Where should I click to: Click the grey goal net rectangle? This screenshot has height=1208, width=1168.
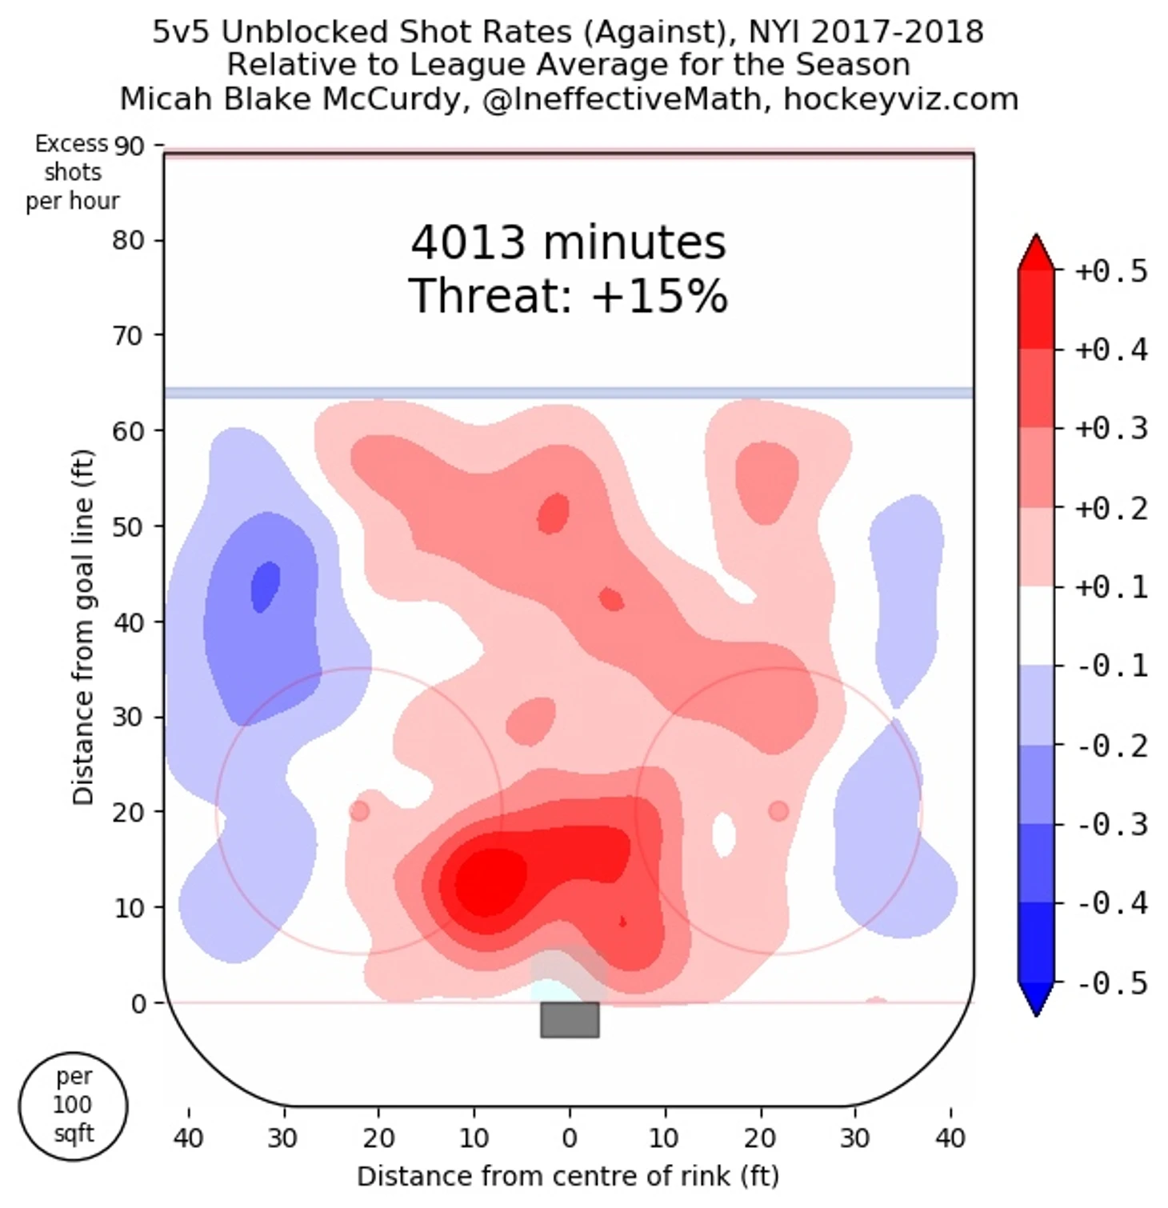pyautogui.click(x=569, y=1019)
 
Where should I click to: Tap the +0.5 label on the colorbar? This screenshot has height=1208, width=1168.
pyautogui.click(x=1110, y=271)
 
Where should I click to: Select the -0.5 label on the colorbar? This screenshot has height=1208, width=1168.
pyautogui.click(x=1110, y=982)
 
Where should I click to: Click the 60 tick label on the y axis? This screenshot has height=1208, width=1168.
pyautogui.click(x=128, y=431)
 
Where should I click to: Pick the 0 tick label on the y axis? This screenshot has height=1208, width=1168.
pyautogui.click(x=138, y=1003)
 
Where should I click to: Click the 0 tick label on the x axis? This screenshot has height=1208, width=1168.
pyautogui.click(x=569, y=1137)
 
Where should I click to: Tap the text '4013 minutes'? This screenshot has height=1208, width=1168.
pyautogui.click(x=568, y=242)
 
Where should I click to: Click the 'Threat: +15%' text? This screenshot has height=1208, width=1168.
pyautogui.click(x=568, y=296)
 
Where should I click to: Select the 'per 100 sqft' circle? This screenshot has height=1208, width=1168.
pyautogui.click(x=73, y=1106)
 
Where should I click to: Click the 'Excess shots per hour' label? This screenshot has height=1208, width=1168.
pyautogui.click(x=72, y=172)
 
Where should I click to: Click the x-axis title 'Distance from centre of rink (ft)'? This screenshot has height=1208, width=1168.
pyautogui.click(x=568, y=1176)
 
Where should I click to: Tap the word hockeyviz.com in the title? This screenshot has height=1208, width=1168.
pyautogui.click(x=900, y=99)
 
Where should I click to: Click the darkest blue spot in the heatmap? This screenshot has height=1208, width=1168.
pyautogui.click(x=265, y=586)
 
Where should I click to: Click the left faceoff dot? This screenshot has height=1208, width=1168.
pyautogui.click(x=359, y=811)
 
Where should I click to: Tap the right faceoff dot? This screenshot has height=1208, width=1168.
pyautogui.click(x=778, y=811)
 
